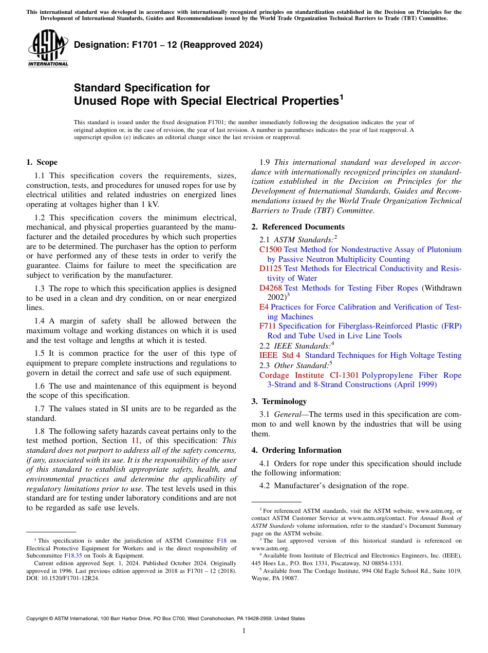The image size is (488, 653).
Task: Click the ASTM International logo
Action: (47, 48)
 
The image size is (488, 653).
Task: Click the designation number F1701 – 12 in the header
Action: (168, 45)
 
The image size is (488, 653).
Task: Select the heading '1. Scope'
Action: (42, 162)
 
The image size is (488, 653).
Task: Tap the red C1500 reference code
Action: (270, 249)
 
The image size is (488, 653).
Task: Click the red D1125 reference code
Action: (270, 268)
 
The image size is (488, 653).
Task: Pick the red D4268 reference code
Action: (270, 288)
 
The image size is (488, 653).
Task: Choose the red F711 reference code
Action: (268, 326)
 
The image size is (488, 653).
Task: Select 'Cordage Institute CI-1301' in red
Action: (309, 375)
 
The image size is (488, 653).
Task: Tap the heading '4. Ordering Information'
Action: (296, 450)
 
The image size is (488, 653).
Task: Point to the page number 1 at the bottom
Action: (244, 631)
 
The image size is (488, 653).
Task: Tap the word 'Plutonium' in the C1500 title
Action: (444, 249)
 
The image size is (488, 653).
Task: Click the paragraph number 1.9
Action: (265, 162)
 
